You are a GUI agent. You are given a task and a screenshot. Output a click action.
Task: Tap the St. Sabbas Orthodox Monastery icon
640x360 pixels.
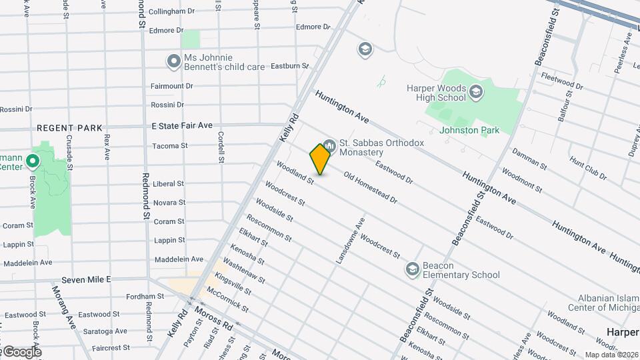pyautogui.click(x=329, y=145)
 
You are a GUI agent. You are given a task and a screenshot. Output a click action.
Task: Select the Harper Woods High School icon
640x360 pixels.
pyautogui.click(x=475, y=93)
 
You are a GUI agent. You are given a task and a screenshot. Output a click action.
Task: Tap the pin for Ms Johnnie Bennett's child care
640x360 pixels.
pyautogui.click(x=174, y=61)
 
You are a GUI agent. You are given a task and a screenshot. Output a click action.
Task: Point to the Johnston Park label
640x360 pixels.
pyautogui.click(x=469, y=130)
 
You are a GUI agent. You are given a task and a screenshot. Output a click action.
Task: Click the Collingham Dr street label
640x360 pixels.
pyautogui.click(x=171, y=12)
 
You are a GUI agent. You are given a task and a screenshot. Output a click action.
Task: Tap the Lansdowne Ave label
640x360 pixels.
pyautogui.click(x=352, y=239)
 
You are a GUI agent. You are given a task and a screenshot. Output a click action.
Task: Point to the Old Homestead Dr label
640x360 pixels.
pyautogui.click(x=370, y=188)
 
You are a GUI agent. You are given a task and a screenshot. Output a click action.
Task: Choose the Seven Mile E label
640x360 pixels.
pyautogui.click(x=85, y=279)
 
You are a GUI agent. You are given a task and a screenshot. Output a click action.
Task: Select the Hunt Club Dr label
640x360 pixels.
pyautogui.click(x=587, y=169)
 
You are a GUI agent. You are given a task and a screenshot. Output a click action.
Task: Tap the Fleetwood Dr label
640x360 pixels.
pyautogui.click(x=563, y=82)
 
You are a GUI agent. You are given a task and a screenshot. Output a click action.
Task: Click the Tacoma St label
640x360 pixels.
pyautogui.click(x=170, y=146)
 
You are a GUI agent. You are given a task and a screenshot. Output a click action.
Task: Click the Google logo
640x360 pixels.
pyautogui.click(x=21, y=352)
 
